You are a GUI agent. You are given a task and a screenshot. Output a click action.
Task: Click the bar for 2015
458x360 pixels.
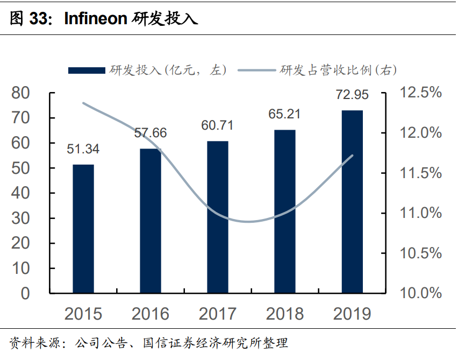(83, 229)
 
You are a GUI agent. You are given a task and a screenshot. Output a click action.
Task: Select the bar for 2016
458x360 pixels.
(151, 221)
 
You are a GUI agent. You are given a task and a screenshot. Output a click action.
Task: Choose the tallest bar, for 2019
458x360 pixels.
(352, 202)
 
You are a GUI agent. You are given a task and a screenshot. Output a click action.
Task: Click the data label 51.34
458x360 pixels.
(83, 149)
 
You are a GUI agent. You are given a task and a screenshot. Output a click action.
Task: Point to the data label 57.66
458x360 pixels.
(151, 133)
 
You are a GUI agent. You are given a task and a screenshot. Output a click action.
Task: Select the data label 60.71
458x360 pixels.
(217, 125)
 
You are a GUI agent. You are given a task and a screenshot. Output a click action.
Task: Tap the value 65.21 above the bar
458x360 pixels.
(285, 114)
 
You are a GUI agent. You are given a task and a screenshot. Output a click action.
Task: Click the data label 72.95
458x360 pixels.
(352, 95)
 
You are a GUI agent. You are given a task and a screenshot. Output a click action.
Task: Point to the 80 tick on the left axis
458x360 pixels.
(21, 93)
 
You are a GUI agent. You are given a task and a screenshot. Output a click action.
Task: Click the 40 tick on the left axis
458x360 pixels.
(21, 193)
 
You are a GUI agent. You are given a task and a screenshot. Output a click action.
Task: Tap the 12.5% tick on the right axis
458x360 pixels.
(420, 93)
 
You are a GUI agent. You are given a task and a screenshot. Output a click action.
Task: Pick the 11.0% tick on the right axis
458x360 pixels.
(420, 213)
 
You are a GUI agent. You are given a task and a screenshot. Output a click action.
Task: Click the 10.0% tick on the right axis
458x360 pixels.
(420, 293)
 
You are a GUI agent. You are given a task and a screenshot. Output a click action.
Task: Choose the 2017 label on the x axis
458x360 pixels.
(218, 314)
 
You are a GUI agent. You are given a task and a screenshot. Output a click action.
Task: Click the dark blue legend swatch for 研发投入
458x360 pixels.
(86, 70)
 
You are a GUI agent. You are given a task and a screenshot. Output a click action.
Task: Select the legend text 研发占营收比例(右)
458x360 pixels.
(339, 70)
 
